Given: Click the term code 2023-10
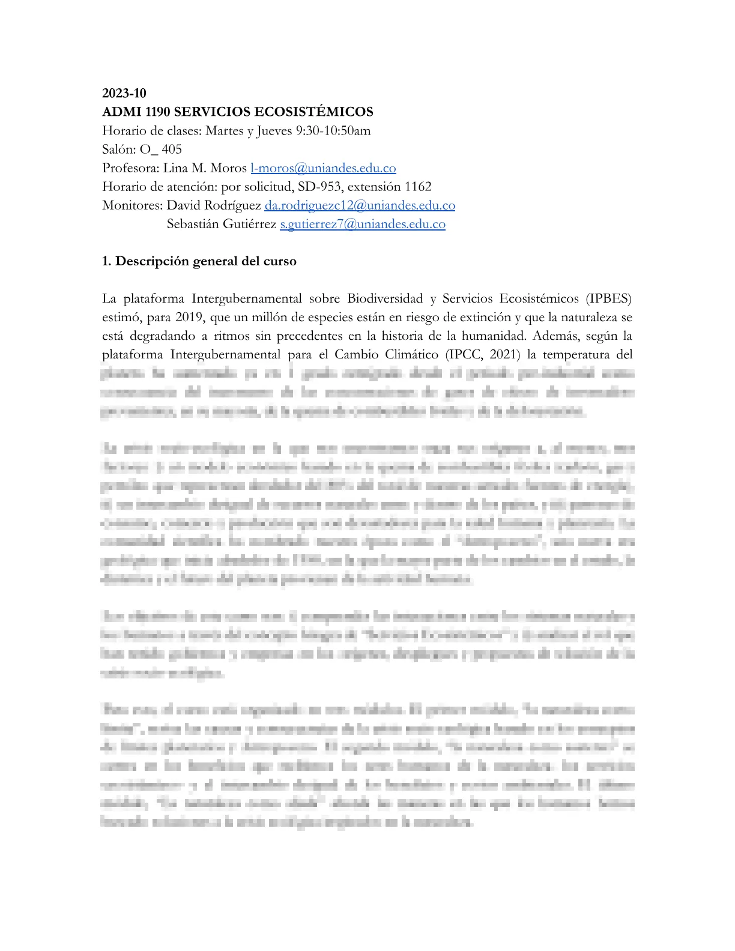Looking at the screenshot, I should pos(124,93).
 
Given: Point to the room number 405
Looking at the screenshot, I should pos(172,149).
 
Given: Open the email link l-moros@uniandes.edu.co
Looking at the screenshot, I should pos(323,168).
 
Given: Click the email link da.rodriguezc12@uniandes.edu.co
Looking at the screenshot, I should pos(360,205).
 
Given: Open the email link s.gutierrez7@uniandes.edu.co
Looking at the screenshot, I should pos(363,224).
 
